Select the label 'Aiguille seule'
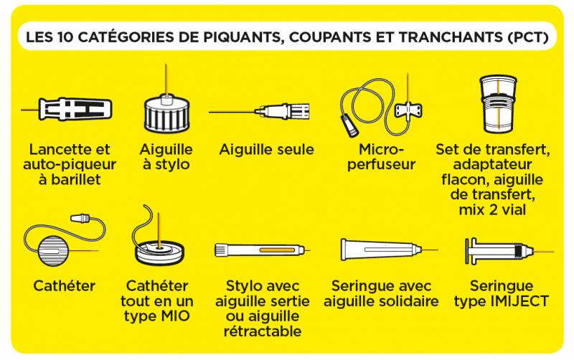tap(266, 150)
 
